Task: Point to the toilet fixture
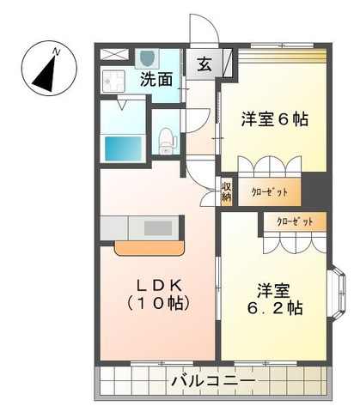[166, 138]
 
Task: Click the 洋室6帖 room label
[275, 119]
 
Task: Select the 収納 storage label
[226, 191]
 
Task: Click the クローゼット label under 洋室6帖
[269, 191]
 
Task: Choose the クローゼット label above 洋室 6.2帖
[294, 221]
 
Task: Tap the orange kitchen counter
[149, 248]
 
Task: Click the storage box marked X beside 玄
[227, 63]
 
